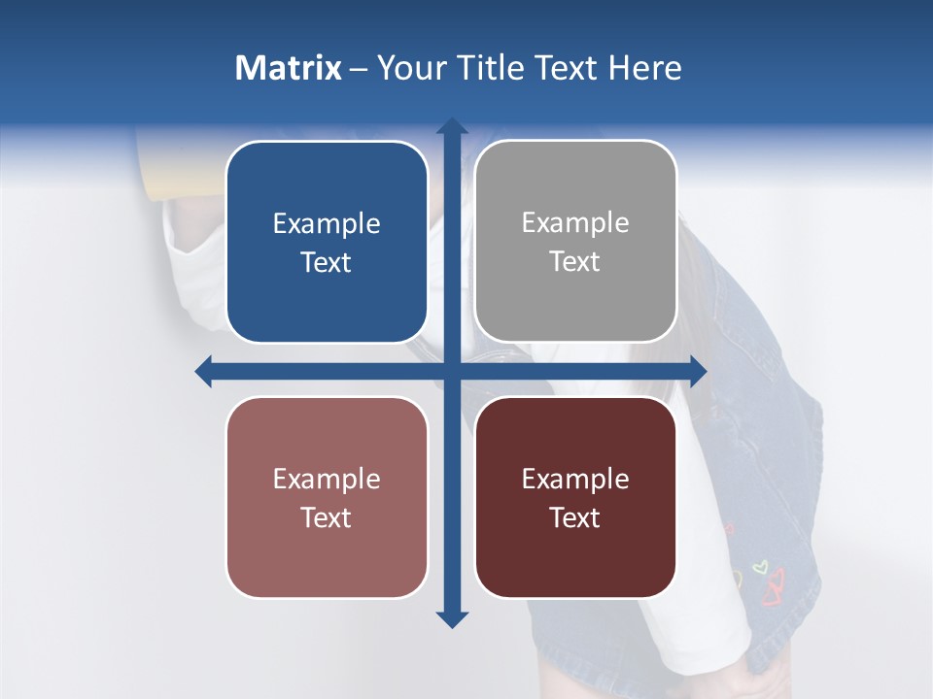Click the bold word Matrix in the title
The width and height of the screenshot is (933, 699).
click(x=289, y=68)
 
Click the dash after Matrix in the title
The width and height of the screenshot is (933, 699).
click(x=359, y=69)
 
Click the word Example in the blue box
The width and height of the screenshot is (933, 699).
click(x=327, y=224)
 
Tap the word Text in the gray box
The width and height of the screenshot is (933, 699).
click(x=575, y=262)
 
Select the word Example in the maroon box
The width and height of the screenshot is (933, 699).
click(x=575, y=480)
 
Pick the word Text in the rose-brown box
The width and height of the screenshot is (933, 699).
click(x=327, y=518)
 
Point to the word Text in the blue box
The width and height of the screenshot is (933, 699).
click(x=327, y=263)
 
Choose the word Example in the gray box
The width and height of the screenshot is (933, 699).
click(x=575, y=223)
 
